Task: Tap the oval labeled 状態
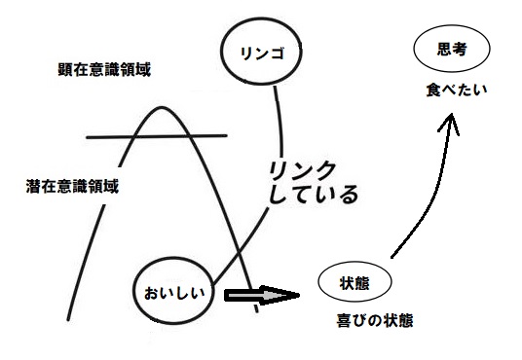[x=354, y=282]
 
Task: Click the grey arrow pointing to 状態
[x=258, y=296]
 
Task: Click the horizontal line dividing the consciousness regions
[x=156, y=136]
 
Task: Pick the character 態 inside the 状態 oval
[x=364, y=282]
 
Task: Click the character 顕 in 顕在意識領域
[x=64, y=70]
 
